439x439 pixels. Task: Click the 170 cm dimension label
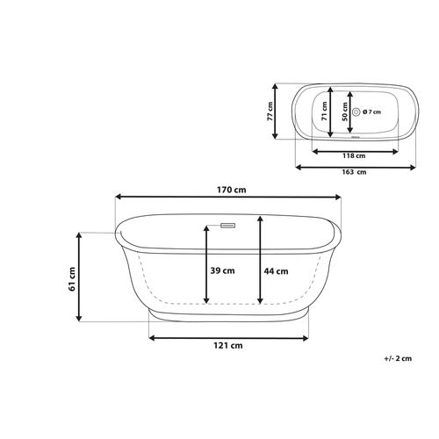pyautogui.click(x=231, y=190)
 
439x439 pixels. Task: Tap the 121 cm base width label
pyautogui.click(x=228, y=346)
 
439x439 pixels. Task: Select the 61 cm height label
pyautogui.click(x=72, y=279)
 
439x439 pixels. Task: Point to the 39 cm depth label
pyautogui.click(x=222, y=270)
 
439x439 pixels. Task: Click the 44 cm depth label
pyautogui.click(x=276, y=271)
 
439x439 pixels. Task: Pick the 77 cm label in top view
pyautogui.click(x=270, y=112)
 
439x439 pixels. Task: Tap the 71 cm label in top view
pyautogui.click(x=324, y=112)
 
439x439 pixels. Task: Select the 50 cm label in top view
pyautogui.click(x=345, y=112)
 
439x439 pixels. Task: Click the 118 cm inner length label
pyautogui.click(x=354, y=155)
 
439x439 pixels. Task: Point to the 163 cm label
pyautogui.click(x=354, y=172)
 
